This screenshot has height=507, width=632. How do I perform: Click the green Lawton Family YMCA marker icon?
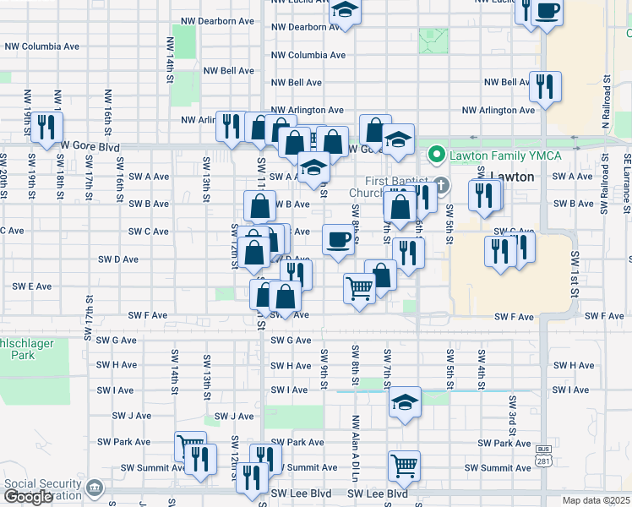(x=437, y=155)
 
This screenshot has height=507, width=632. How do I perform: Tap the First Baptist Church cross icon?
(x=439, y=186)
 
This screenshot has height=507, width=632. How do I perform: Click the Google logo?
(x=28, y=498)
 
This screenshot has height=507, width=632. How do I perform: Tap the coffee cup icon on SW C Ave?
(x=338, y=241)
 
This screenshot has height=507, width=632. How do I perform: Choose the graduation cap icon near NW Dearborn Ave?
(x=345, y=11)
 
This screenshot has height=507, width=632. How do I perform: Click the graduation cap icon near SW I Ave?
(x=406, y=401)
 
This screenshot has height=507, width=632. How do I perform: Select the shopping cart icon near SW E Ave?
(x=359, y=288)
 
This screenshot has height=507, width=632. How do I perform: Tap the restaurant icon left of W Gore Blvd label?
(x=46, y=126)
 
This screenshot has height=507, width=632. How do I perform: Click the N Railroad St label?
(x=606, y=106)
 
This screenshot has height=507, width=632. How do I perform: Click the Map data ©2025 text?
(x=596, y=500)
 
